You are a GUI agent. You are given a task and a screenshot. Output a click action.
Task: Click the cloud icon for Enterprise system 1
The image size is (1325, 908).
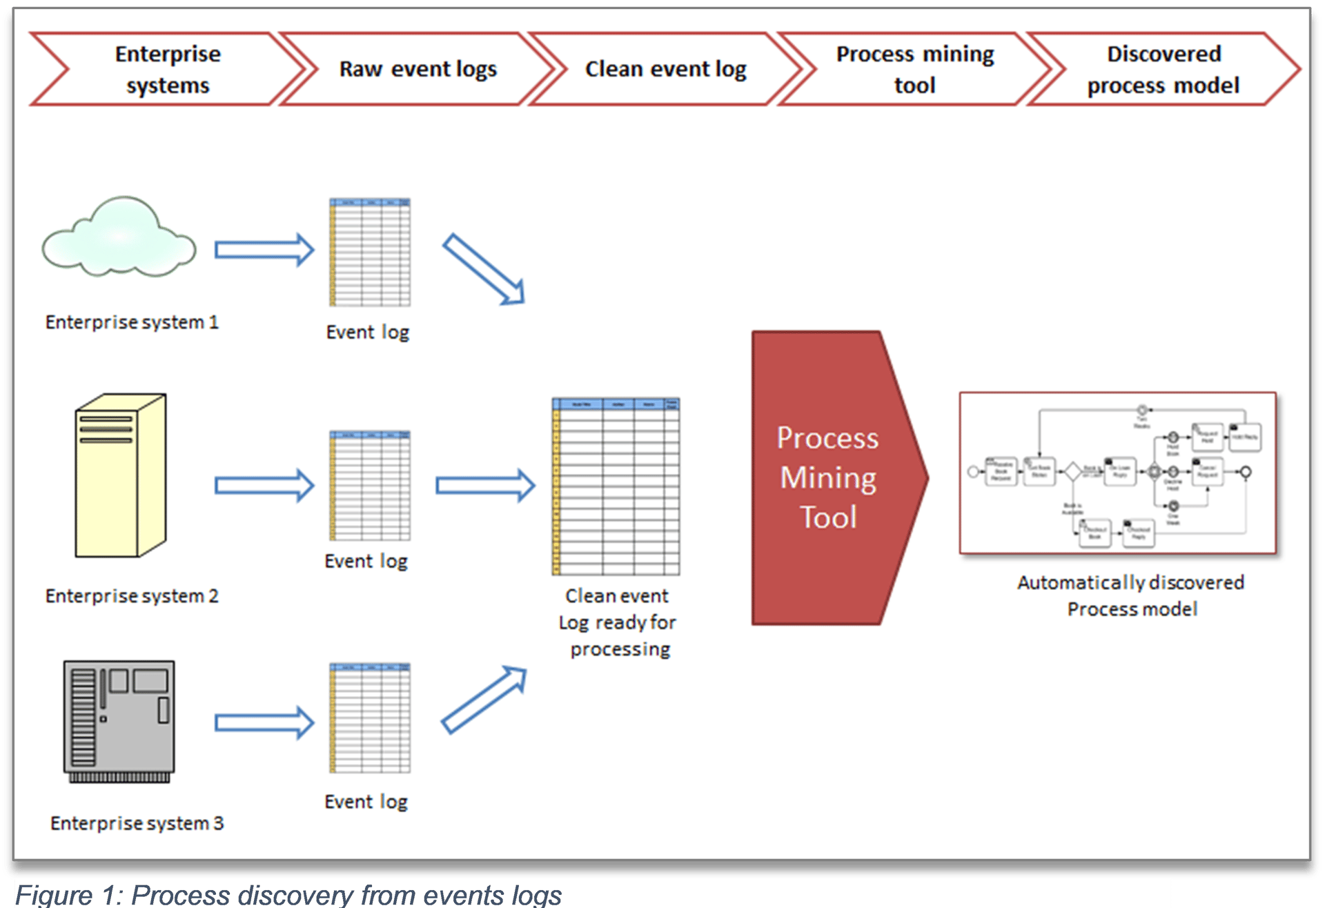pos(119,238)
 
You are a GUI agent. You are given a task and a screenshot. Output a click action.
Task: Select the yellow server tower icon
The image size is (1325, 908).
pos(121,475)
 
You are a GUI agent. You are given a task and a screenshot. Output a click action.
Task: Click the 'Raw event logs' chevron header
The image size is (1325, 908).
pos(418,69)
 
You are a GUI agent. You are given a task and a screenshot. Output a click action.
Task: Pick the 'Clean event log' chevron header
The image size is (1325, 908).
pos(665,69)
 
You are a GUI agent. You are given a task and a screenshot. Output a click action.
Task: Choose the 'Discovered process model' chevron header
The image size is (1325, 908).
pos(1164,69)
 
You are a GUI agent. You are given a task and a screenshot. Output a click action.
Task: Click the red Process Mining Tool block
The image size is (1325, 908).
pos(828,477)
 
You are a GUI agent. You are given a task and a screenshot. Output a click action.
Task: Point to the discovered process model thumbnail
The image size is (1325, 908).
pos(1117,473)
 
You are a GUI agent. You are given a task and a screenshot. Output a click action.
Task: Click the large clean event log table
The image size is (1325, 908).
pos(616,486)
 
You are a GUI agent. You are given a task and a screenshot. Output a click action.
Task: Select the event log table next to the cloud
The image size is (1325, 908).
pos(370,253)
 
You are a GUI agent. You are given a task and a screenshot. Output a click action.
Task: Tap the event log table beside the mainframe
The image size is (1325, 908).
pos(370,718)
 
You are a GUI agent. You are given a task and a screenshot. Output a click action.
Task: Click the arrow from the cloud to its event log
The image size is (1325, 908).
pos(264,249)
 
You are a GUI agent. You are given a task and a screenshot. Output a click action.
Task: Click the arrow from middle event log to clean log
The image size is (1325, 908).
pos(485,486)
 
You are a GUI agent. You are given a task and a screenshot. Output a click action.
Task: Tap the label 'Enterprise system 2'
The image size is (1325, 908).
pos(132,596)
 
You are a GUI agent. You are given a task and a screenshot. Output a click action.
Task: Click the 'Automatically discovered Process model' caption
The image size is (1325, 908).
pos(1131,595)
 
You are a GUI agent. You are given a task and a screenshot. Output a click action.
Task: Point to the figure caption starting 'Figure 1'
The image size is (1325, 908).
pos(288,895)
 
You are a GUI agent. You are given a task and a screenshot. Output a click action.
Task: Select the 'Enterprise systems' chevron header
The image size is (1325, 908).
pos(168,69)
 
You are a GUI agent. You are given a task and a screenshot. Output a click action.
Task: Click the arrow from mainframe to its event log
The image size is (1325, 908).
pos(264,722)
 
